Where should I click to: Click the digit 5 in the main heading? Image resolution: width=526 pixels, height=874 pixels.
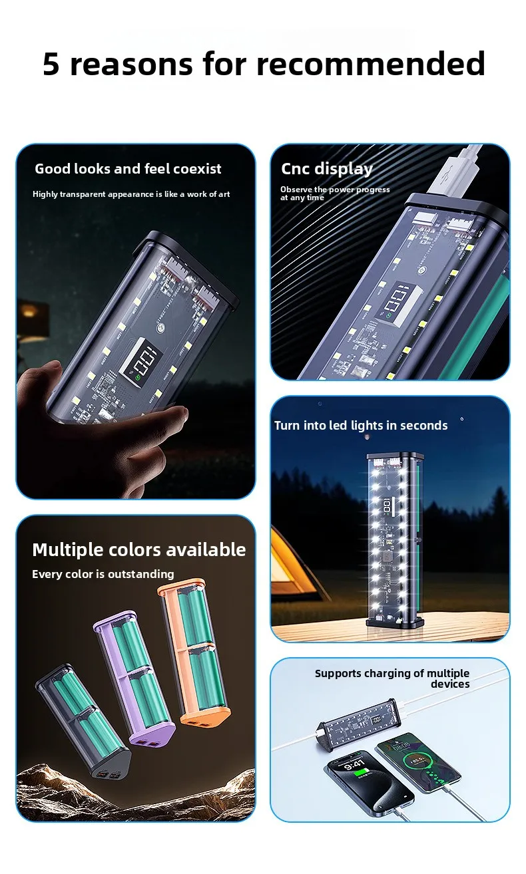click(x=51, y=63)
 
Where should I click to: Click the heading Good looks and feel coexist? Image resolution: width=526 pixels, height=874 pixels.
click(x=128, y=168)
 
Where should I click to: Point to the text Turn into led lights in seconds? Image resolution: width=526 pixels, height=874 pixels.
click(x=360, y=425)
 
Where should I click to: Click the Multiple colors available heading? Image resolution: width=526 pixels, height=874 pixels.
click(x=139, y=550)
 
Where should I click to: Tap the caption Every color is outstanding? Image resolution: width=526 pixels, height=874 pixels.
click(x=103, y=574)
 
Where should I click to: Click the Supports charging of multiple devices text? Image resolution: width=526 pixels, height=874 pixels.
click(x=392, y=678)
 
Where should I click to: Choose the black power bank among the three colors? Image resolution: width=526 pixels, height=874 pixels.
click(x=83, y=721)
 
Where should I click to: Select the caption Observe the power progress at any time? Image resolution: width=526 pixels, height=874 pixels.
click(x=335, y=194)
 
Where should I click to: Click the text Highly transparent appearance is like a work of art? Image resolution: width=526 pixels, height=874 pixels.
click(x=131, y=194)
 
